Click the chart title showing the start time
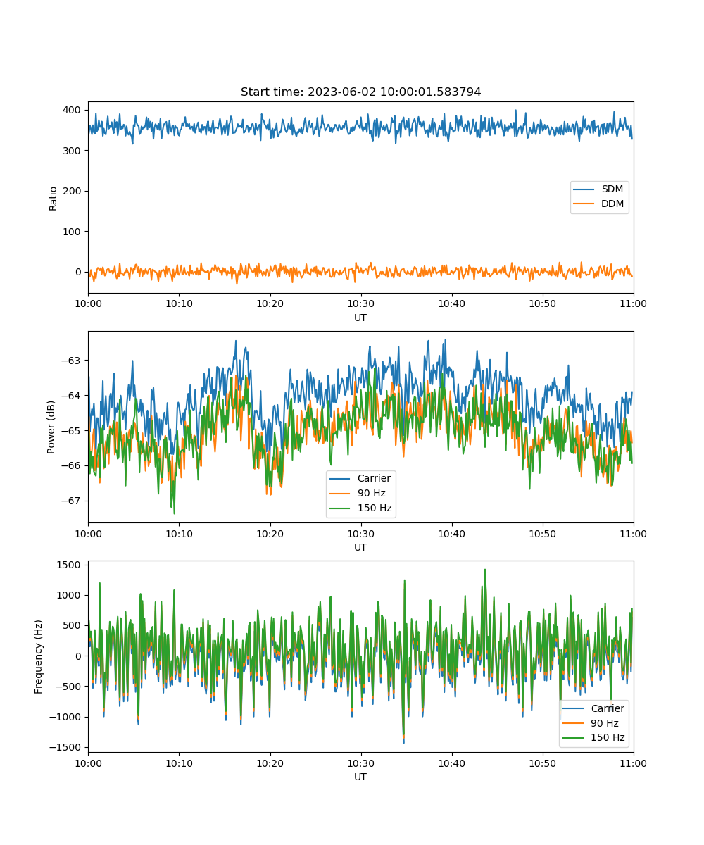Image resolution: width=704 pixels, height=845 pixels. [360, 92]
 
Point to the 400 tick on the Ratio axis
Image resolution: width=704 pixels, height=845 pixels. [72, 110]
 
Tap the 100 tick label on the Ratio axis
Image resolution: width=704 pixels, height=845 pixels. [72, 232]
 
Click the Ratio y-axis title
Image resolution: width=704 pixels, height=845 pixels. [53, 199]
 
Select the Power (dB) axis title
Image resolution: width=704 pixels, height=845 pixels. [51, 427]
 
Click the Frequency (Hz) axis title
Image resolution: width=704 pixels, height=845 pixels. [39, 656]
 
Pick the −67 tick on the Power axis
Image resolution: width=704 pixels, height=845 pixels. [70, 501]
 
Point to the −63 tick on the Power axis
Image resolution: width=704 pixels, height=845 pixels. [70, 361]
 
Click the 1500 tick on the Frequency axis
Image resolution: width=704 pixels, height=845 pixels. [68, 565]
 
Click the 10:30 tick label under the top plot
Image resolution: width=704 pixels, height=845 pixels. [361, 303]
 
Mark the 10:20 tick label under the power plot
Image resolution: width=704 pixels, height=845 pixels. [270, 534]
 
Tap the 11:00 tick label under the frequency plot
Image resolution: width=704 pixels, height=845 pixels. [633, 763]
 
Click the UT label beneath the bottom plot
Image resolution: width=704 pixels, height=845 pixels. [360, 777]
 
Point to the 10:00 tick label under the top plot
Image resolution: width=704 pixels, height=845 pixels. [88, 303]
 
